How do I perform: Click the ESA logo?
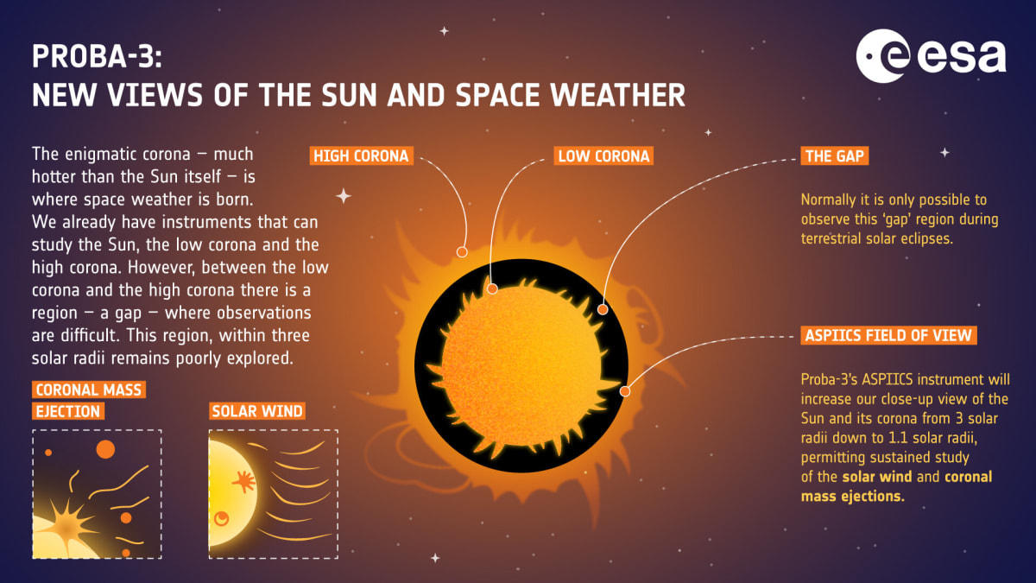(931, 58)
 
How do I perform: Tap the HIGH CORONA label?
(360, 156)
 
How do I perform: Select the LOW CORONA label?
(603, 156)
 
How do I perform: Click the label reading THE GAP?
(835, 156)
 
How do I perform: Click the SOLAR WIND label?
(257, 410)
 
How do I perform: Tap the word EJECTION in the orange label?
(68, 410)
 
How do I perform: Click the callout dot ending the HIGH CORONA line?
(462, 252)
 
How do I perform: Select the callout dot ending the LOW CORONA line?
(492, 289)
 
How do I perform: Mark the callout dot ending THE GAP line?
(603, 308)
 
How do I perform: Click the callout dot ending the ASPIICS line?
(625, 391)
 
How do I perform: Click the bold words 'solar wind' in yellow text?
(876, 477)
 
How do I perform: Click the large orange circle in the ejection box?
(105, 449)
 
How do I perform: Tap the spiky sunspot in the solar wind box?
(243, 482)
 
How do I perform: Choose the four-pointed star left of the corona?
(344, 196)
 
